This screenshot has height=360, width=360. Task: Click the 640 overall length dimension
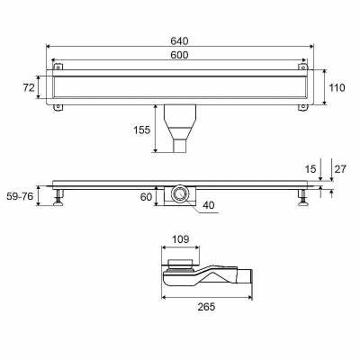[179, 40]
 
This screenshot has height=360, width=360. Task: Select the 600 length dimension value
[179, 55]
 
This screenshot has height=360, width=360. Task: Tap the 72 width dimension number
[29, 87]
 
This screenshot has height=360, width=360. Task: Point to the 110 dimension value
[337, 87]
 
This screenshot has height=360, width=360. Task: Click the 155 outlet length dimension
[141, 130]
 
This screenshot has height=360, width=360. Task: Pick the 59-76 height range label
[20, 196]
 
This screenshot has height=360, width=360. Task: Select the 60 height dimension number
[146, 197]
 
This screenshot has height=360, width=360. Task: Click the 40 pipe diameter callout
[209, 205]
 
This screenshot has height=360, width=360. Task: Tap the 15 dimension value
[310, 169]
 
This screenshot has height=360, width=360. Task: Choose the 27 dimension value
[340, 169]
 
